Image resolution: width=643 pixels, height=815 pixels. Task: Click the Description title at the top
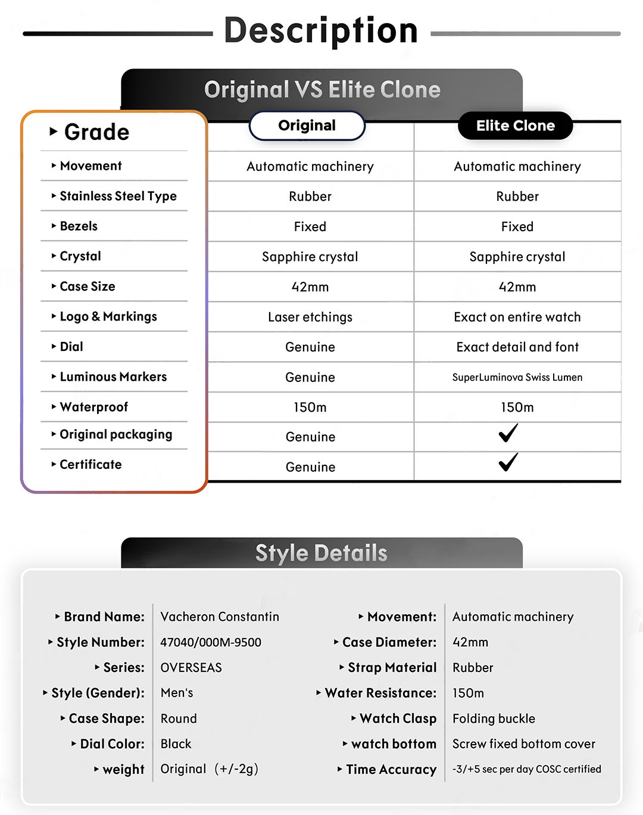pyautogui.click(x=321, y=30)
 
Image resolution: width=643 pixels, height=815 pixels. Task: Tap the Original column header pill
pyautogui.click(x=307, y=126)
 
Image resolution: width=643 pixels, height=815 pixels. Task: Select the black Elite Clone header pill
pyautogui.click(x=515, y=126)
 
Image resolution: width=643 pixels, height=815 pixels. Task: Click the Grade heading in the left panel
pyautogui.click(x=96, y=132)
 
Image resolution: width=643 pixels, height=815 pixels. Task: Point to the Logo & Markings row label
pyautogui.click(x=108, y=316)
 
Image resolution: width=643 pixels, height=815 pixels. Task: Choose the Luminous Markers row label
pyautogui.click(x=113, y=377)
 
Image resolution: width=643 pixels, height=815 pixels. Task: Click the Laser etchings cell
pyautogui.click(x=310, y=317)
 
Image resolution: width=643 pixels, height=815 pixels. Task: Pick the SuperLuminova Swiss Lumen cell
pyautogui.click(x=517, y=377)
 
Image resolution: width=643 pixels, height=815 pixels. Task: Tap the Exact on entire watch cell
pyautogui.click(x=517, y=317)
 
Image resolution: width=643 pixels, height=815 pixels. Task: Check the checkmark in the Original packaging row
pyautogui.click(x=508, y=433)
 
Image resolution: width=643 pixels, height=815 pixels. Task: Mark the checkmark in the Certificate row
pyautogui.click(x=508, y=462)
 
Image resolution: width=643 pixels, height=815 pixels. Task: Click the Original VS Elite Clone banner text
pyautogui.click(x=322, y=90)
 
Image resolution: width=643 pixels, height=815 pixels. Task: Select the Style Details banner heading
pyautogui.click(x=321, y=553)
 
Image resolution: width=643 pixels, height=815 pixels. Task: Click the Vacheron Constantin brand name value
pyautogui.click(x=220, y=617)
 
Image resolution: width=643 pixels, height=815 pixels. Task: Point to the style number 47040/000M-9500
pyautogui.click(x=211, y=642)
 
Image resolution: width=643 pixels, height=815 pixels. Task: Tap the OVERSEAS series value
pyautogui.click(x=191, y=668)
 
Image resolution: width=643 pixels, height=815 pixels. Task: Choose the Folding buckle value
pyautogui.click(x=494, y=718)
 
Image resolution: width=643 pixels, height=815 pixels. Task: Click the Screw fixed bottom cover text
pyautogui.click(x=523, y=744)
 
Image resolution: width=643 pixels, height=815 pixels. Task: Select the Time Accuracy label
pyautogui.click(x=391, y=770)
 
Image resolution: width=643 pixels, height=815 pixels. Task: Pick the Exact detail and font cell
pyautogui.click(x=517, y=347)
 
